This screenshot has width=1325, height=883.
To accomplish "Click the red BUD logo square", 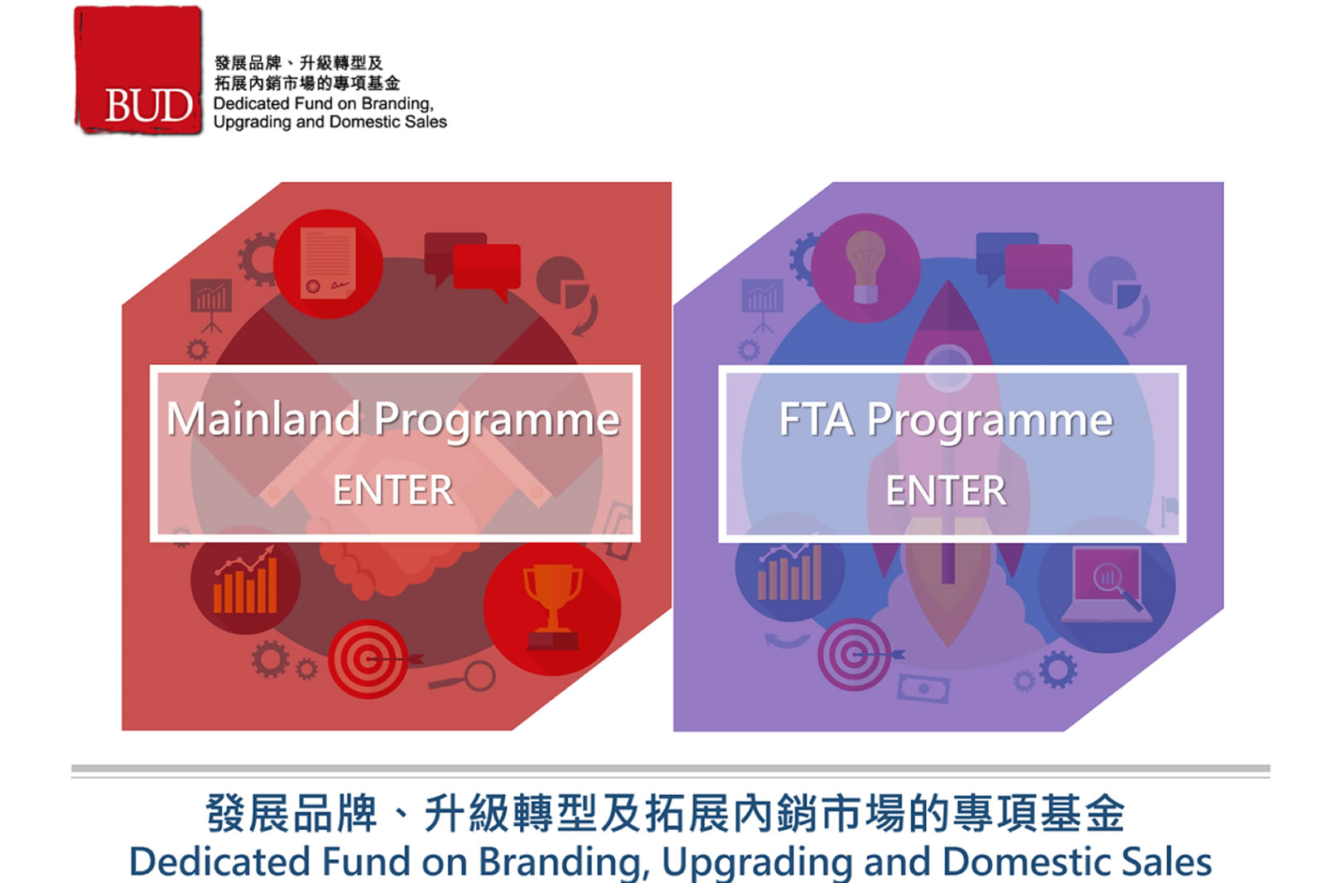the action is (137, 70).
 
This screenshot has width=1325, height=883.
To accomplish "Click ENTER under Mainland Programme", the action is (393, 490).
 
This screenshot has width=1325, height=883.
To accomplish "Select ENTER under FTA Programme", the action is (946, 490).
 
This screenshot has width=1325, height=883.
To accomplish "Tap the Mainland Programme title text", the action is (393, 420).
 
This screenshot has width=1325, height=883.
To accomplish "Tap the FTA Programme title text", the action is (946, 420).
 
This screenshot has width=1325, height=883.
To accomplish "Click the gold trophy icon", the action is (552, 607).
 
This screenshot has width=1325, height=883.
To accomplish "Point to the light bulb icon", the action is (865, 266).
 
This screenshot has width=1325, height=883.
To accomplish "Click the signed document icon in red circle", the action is (328, 264).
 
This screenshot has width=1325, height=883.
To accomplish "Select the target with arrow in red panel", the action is (372, 659).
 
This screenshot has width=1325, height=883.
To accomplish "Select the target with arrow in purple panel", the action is (858, 655).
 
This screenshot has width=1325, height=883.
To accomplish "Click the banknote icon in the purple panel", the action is (923, 688).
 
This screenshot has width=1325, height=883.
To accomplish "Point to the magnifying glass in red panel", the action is (465, 677).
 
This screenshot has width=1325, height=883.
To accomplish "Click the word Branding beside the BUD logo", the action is (397, 104).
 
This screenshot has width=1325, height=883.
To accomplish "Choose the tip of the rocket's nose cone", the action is (948, 281).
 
